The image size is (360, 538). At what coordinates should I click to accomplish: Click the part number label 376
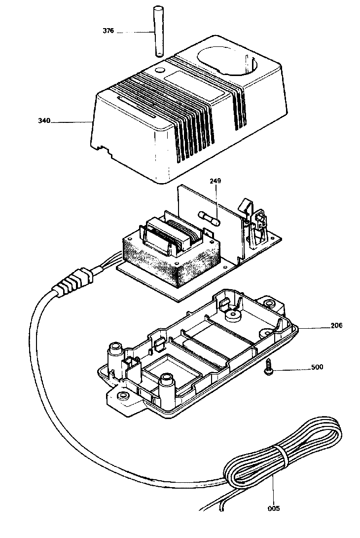pyautogui.click(x=108, y=31)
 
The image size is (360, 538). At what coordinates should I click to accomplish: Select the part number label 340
pyautogui.click(x=44, y=120)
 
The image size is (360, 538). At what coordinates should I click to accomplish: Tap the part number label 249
pyautogui.click(x=216, y=181)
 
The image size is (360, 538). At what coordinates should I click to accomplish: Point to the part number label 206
pyautogui.click(x=336, y=325)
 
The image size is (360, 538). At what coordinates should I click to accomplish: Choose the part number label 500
pyautogui.click(x=317, y=367)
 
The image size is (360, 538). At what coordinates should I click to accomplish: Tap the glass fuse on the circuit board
pyautogui.click(x=210, y=218)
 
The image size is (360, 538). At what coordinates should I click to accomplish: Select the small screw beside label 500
pyautogui.click(x=268, y=370)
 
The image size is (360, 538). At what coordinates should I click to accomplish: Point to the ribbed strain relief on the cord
pyautogui.click(x=73, y=283)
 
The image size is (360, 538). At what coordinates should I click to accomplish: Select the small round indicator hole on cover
pyautogui.click(x=159, y=71)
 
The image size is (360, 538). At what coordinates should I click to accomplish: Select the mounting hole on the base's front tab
pyautogui.click(x=123, y=396)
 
